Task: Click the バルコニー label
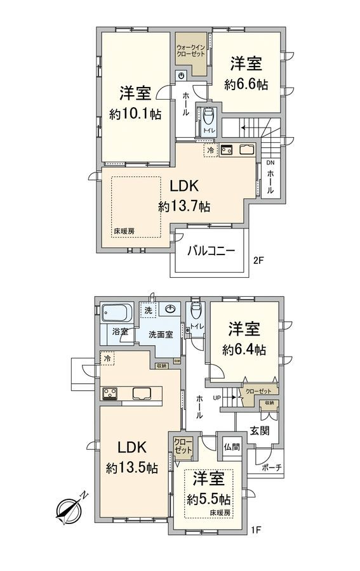coord(211,251)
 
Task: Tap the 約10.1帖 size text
coord(135,115)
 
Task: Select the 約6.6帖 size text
coord(245,84)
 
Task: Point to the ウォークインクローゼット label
coord(190,49)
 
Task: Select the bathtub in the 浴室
coord(116,313)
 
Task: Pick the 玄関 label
coord(258,431)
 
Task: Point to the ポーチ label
coord(270,468)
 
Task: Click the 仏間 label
coord(231,446)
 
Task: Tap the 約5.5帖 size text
coord(209,498)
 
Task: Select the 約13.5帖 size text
coord(131,468)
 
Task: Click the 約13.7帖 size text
coord(184,206)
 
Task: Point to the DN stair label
coord(270,163)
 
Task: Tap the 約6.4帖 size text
coord(244,349)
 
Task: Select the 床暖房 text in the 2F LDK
coord(124,231)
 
